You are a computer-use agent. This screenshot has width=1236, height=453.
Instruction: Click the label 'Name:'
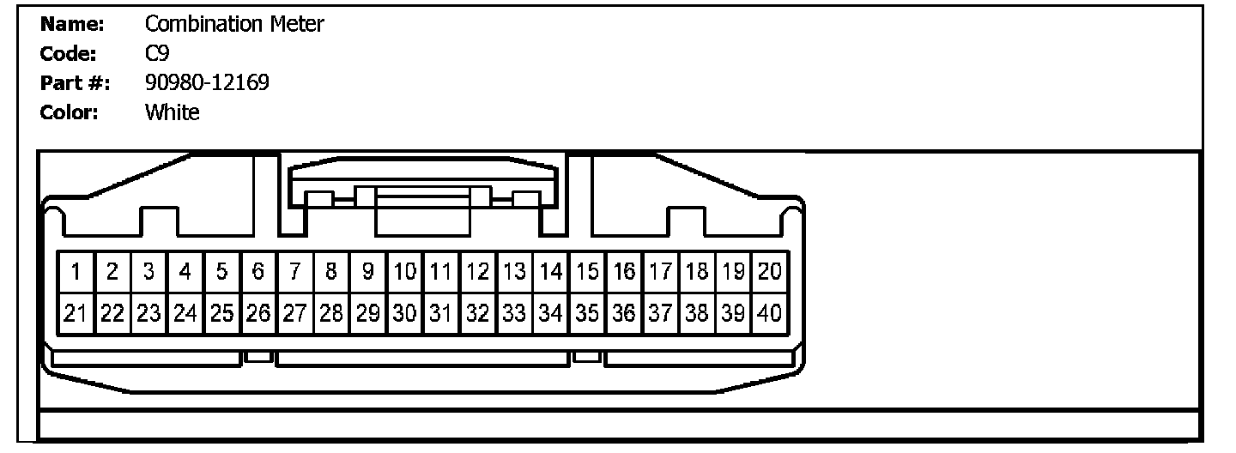tap(72, 24)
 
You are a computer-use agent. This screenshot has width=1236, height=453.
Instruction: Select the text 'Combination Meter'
tap(234, 24)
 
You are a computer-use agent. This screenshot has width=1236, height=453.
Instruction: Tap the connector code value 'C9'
tap(157, 53)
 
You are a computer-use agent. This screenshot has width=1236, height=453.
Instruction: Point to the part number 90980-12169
tap(207, 82)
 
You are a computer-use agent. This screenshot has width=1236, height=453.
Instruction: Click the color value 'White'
tap(172, 112)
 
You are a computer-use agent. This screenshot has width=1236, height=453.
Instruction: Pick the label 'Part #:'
tap(70, 82)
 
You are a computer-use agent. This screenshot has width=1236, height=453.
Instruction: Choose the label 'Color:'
tap(69, 112)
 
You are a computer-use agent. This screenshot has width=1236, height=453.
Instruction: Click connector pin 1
tap(76, 273)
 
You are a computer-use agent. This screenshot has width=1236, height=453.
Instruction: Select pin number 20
tap(770, 273)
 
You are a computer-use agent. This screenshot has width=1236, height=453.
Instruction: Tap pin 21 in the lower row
tap(76, 313)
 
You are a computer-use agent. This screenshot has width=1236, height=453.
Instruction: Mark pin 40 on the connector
tap(770, 313)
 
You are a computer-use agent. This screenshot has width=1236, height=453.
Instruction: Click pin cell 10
tap(405, 273)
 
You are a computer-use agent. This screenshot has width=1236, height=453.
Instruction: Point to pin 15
tap(587, 273)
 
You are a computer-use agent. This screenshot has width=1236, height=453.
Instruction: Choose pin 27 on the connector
tap(295, 313)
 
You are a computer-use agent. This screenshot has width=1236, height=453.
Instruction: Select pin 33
tap(514, 313)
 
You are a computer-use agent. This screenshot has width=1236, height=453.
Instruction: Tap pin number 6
tap(258, 273)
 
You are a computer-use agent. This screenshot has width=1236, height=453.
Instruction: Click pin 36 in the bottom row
tap(624, 313)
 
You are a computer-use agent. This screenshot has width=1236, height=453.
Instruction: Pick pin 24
tap(185, 313)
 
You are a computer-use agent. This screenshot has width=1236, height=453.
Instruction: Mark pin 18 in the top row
tap(697, 273)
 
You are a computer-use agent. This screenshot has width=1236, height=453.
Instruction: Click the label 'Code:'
tap(68, 53)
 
